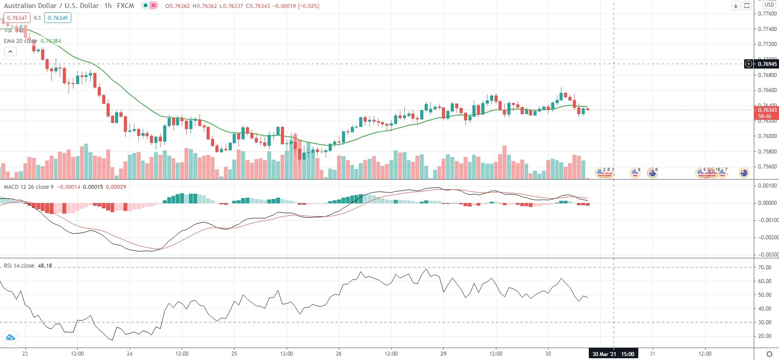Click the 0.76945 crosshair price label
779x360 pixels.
coord(767,64)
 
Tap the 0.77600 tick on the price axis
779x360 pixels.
coord(767,14)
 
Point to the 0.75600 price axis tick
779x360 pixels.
coord(767,167)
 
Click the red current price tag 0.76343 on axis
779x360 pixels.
coord(767,110)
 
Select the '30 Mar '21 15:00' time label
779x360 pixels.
coord(613,354)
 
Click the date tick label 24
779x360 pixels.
coord(130,354)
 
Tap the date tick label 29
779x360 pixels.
coord(443,354)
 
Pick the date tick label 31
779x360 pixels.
coord(652,354)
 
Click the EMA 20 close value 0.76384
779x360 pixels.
coord(51,41)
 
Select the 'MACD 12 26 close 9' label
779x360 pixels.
coord(29,187)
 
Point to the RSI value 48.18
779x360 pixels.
coord(45,266)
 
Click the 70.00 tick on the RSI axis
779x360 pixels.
coord(764,268)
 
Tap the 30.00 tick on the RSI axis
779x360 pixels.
coord(764,322)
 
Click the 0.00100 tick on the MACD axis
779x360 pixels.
coord(767,186)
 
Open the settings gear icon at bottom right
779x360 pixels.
coord(769,354)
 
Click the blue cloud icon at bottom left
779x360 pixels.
coord(10,338)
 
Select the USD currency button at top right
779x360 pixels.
coord(769,5)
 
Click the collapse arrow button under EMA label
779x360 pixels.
coord(10,51)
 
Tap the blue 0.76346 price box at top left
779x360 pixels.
coord(58,18)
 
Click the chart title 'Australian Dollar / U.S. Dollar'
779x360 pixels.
coord(51,6)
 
